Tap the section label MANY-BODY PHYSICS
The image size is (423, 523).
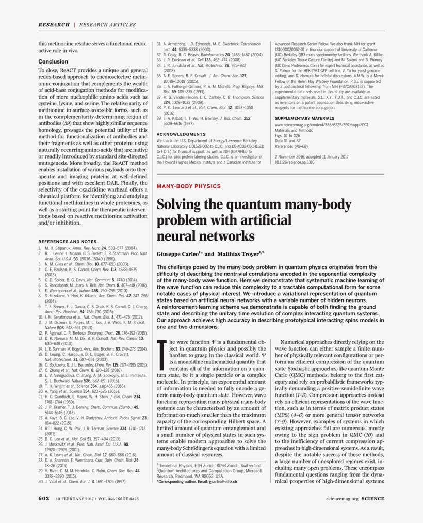(188, 186)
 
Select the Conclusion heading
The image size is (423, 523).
(53, 61)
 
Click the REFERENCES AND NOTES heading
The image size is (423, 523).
(68, 241)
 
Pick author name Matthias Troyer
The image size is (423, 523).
(239, 254)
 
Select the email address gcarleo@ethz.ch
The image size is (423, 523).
(220, 482)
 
